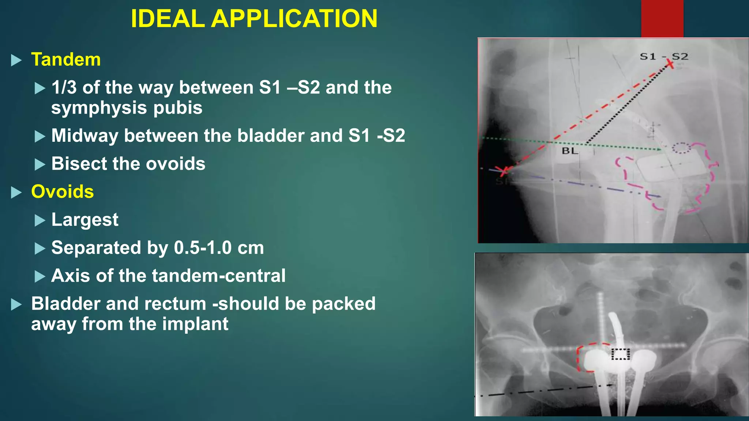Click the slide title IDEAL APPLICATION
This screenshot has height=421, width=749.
tap(254, 18)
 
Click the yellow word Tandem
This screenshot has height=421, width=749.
tap(66, 60)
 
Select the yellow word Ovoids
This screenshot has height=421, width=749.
tap(63, 191)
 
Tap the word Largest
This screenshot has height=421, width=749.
tap(85, 220)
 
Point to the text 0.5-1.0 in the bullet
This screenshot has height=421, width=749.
tap(203, 248)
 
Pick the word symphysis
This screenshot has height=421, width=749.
tap(99, 108)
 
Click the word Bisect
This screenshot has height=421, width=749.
tap(77, 164)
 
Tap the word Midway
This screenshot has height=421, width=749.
tap(85, 136)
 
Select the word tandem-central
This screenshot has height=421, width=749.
tap(219, 276)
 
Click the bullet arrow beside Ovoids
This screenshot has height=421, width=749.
tap(16, 192)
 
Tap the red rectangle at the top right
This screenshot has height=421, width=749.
tap(662, 18)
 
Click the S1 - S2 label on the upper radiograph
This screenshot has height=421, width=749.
tap(664, 57)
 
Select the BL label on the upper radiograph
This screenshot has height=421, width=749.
tap(570, 151)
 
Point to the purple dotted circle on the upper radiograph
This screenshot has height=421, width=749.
tap(681, 148)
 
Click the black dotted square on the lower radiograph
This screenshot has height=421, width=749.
tap(621, 354)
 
